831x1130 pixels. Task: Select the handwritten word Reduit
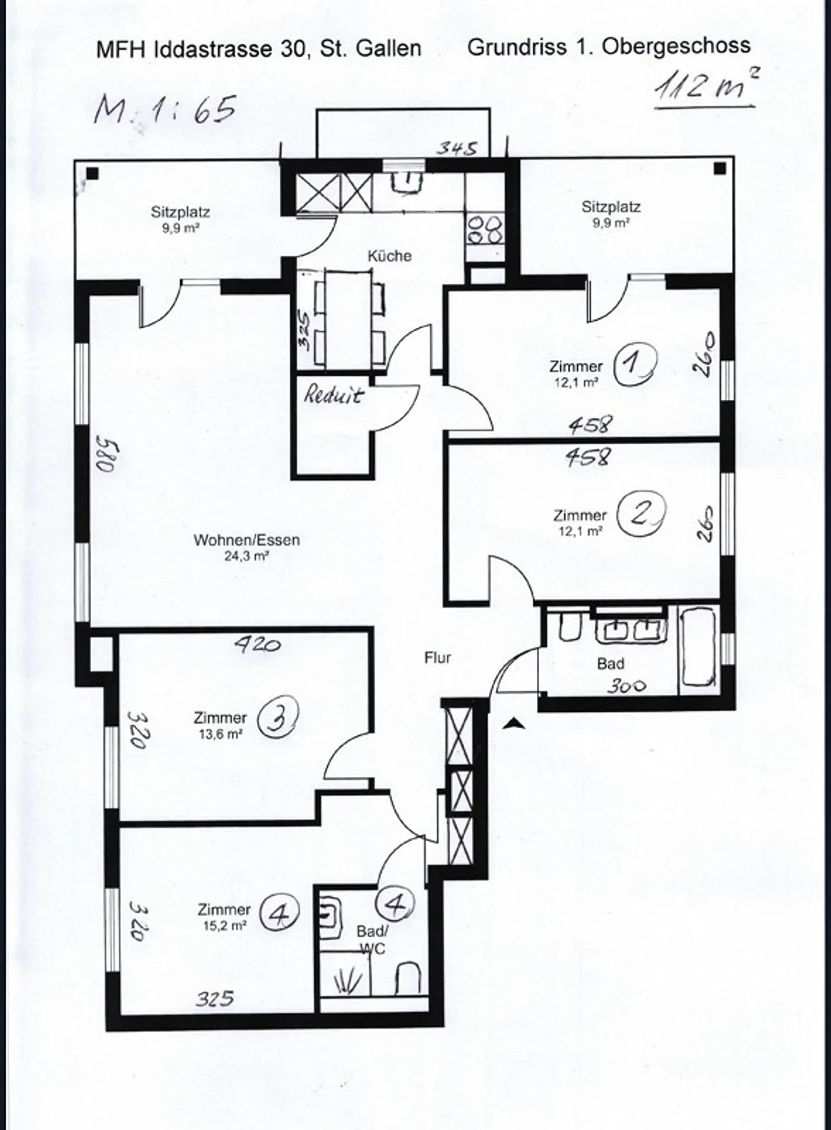(334, 395)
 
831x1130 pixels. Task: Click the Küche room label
(390, 256)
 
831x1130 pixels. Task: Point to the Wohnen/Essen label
(246, 540)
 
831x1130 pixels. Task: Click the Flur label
(437, 658)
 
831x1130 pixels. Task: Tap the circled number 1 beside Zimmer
(635, 364)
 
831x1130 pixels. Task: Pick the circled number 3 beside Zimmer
(278, 717)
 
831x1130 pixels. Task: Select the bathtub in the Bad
(698, 647)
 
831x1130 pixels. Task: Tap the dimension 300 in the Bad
(626, 686)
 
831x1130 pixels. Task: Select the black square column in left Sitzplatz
(92, 173)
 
